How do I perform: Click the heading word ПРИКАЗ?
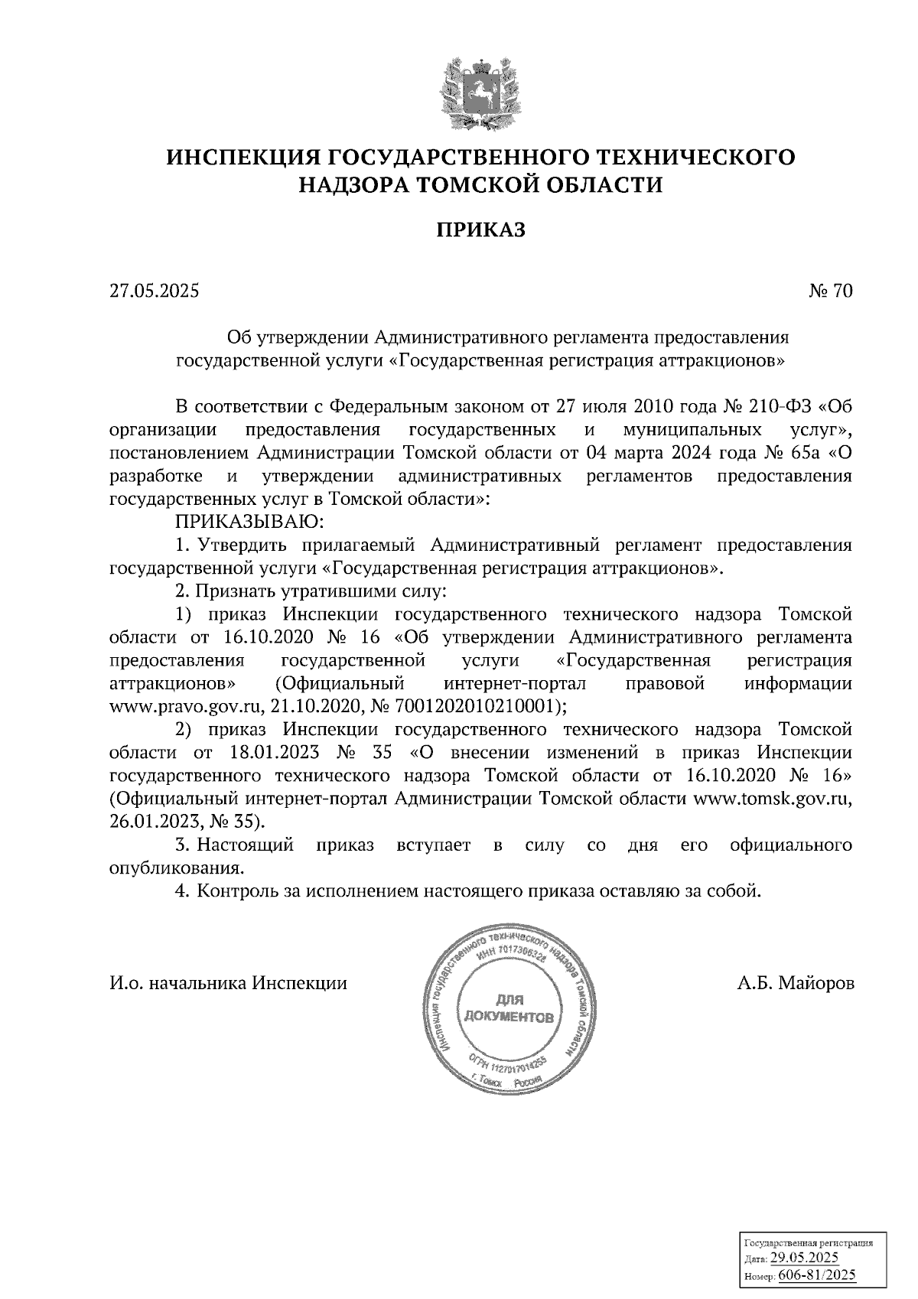[481, 230]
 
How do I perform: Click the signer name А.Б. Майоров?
[796, 983]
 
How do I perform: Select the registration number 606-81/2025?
[817, 1276]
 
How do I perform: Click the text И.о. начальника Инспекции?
[229, 983]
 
